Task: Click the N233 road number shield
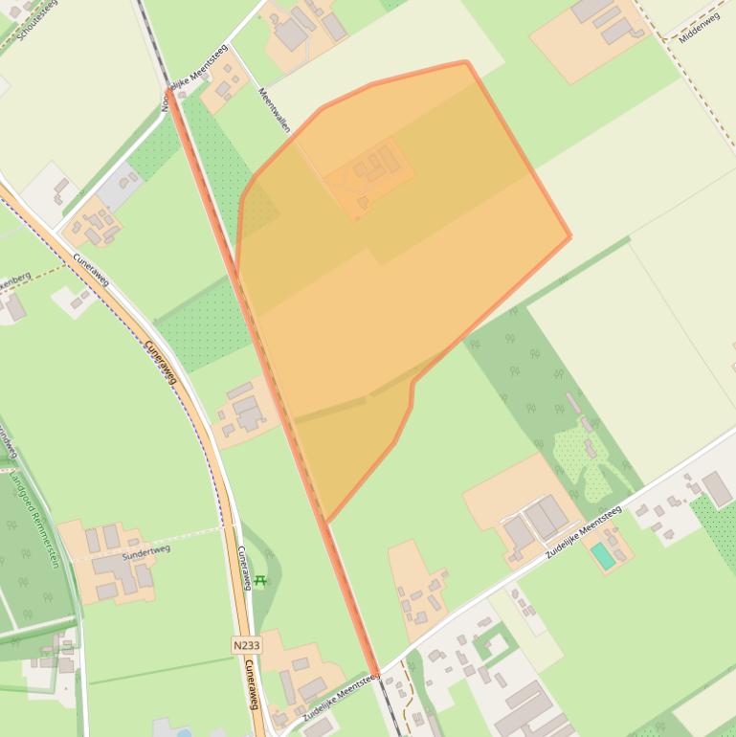(246, 645)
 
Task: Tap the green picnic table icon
(259, 581)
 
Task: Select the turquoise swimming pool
(601, 554)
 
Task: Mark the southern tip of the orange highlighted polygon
(327, 523)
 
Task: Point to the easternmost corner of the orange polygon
(570, 236)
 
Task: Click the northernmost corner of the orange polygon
(465, 62)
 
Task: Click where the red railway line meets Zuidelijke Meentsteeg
(377, 674)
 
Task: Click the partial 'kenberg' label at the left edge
(13, 279)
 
